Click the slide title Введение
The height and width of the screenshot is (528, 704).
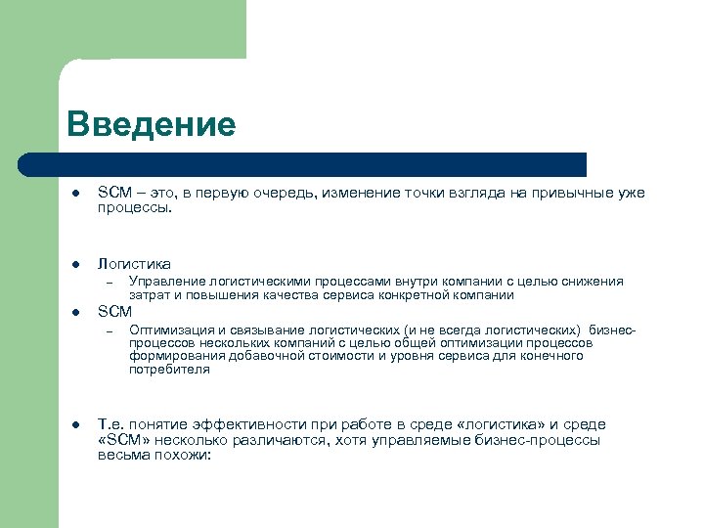point(152,124)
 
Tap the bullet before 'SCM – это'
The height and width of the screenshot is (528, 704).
point(75,194)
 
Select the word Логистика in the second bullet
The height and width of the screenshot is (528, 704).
point(134,263)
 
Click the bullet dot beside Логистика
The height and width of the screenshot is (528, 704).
point(75,264)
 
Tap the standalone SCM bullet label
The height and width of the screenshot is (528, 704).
point(114,312)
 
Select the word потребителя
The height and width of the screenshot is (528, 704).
point(169,370)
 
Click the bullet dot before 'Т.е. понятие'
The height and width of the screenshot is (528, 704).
point(75,425)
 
